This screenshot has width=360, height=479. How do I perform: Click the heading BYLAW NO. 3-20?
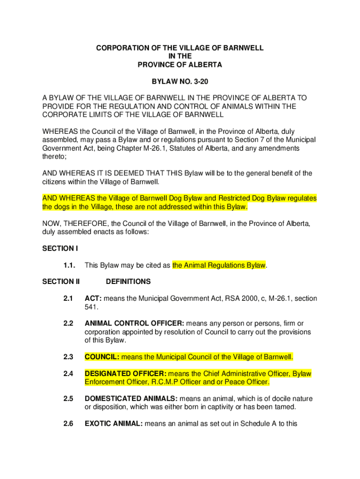pyautogui.click(x=180, y=82)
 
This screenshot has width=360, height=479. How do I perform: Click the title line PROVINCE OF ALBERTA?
pyautogui.click(x=180, y=65)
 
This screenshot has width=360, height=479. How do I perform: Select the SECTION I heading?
pyautogui.click(x=58, y=248)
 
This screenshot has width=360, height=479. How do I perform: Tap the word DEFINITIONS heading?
pyautogui.click(x=128, y=282)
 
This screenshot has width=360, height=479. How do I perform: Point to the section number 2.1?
pyautogui.click(x=68, y=298)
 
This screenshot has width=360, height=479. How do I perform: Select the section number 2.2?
pyautogui.click(x=68, y=324)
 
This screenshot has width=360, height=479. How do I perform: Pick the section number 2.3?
pyautogui.click(x=68, y=357)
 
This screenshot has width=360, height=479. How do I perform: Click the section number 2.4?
pyautogui.click(x=68, y=374)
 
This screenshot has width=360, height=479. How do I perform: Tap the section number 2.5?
pyautogui.click(x=68, y=399)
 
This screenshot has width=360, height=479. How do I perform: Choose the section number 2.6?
pyautogui.click(x=68, y=424)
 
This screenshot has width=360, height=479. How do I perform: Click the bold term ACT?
pyautogui.click(x=94, y=298)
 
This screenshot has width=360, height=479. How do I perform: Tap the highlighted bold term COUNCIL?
pyautogui.click(x=102, y=357)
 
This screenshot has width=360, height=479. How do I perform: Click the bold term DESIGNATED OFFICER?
pyautogui.click(x=125, y=374)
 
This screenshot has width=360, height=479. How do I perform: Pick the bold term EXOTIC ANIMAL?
pyautogui.click(x=114, y=424)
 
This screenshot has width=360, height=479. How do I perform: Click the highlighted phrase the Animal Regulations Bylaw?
pyautogui.click(x=219, y=265)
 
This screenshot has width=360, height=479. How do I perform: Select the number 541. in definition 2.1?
pyautogui.click(x=92, y=307)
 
